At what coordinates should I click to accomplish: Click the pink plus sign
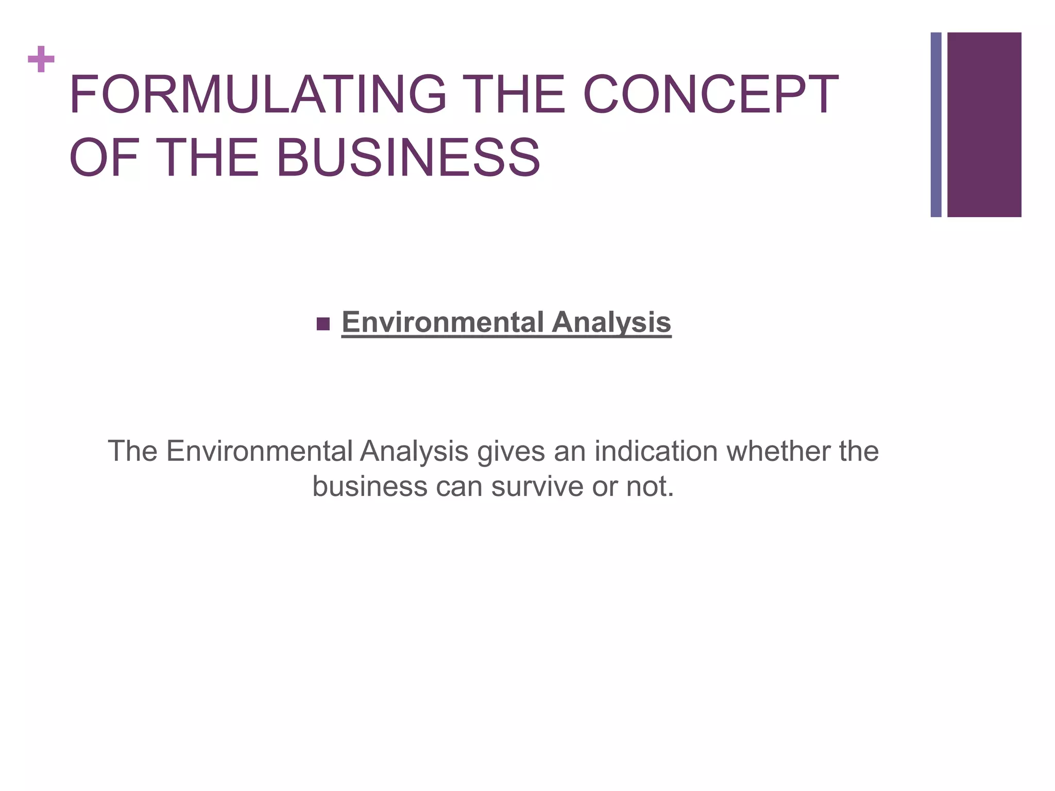point(41,59)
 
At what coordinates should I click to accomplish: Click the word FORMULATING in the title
point(258,94)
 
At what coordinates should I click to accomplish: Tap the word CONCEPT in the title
point(710,94)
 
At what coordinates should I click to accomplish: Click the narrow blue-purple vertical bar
point(935,125)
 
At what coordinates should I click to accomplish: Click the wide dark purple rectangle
point(984,125)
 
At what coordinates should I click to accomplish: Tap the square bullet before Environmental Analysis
point(323,324)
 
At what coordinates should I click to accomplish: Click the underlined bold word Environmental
point(443,322)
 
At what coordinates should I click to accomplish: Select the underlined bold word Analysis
point(611,322)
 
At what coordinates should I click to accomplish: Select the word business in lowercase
point(369,486)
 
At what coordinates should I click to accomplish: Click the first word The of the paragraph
point(132,451)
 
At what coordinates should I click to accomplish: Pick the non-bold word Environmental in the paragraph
point(259,451)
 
